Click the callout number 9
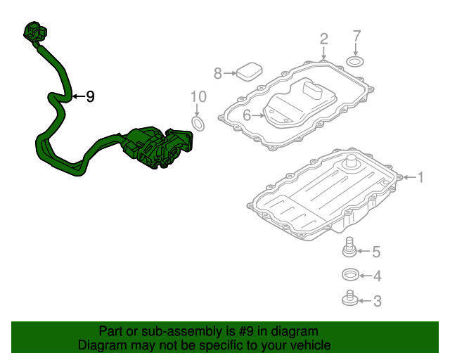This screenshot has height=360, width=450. click(90, 97)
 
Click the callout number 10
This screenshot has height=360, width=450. click(198, 96)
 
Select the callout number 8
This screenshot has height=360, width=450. click(218, 73)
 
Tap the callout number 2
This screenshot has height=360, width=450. click(323, 38)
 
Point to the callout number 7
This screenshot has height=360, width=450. click(356, 35)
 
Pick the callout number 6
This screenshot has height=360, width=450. click(247, 115)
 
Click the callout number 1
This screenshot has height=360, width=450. click(420, 178)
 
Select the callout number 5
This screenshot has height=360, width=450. click(376, 251)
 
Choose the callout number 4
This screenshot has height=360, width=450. click(377, 276)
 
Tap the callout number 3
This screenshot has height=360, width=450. click(377, 302)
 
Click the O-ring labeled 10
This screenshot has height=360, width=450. click(199, 125)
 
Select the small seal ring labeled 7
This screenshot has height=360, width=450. click(356, 62)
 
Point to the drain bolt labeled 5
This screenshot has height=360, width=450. click(349, 247)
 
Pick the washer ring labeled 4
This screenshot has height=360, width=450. click(349, 274)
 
